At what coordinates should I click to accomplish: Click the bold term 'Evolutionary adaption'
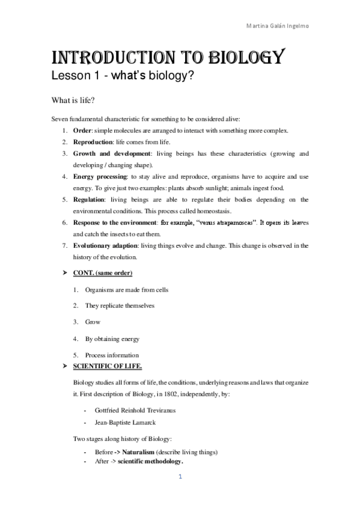[106, 245]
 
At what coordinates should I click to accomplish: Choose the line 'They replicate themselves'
[120, 306]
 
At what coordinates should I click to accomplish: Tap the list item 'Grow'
[93, 322]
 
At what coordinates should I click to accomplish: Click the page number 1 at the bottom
[179, 477]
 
